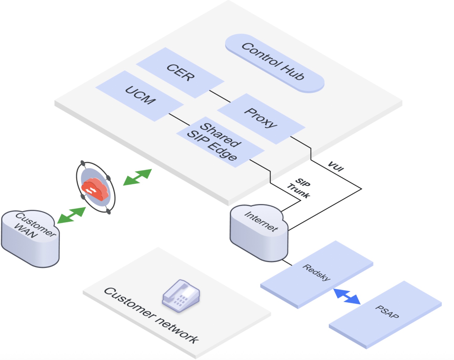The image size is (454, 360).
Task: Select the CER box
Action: (180, 73)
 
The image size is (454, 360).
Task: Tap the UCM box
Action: (140, 96)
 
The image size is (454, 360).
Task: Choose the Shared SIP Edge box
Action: (220, 142)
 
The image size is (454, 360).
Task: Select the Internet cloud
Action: (259, 232)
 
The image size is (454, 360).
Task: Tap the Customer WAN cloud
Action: (30, 237)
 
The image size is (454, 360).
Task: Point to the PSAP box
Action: (386, 313)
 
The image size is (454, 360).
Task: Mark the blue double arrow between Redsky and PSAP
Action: (347, 296)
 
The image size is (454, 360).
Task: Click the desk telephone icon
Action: (181, 296)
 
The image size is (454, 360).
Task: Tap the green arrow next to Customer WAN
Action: (72, 215)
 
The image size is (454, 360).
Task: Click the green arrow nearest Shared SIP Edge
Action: (138, 177)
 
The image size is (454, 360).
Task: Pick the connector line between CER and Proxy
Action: (220, 96)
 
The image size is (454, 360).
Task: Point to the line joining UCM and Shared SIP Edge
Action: (179, 119)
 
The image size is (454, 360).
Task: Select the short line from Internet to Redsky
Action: (287, 262)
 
